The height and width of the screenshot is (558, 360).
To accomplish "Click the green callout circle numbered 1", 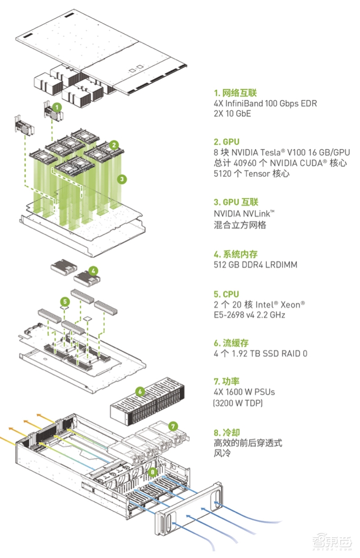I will click(x=57, y=107).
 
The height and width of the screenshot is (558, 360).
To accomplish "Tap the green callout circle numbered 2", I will click(x=114, y=145).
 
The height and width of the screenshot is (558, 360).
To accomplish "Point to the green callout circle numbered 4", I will click(x=93, y=271).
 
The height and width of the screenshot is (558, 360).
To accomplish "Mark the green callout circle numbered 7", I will click(x=173, y=425).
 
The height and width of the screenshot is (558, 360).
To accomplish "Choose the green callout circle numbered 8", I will click(x=153, y=472).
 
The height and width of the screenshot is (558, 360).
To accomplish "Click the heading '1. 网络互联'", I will click(x=235, y=93).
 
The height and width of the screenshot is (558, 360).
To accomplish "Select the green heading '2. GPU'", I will click(x=227, y=141).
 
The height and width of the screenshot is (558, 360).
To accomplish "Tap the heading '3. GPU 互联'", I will click(x=236, y=202).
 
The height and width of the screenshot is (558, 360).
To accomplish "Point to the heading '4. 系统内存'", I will click(x=236, y=254).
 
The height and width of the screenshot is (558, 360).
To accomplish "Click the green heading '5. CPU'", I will click(x=226, y=294).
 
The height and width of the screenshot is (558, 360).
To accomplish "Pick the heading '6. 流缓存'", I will click(x=231, y=343).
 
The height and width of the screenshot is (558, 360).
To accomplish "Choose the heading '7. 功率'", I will click(x=227, y=382).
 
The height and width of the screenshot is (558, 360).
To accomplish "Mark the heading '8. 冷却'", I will click(x=227, y=433).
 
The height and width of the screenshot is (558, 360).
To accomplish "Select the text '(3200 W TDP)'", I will click(x=238, y=403).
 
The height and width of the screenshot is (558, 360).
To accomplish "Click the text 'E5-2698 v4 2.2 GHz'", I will click(x=249, y=315).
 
